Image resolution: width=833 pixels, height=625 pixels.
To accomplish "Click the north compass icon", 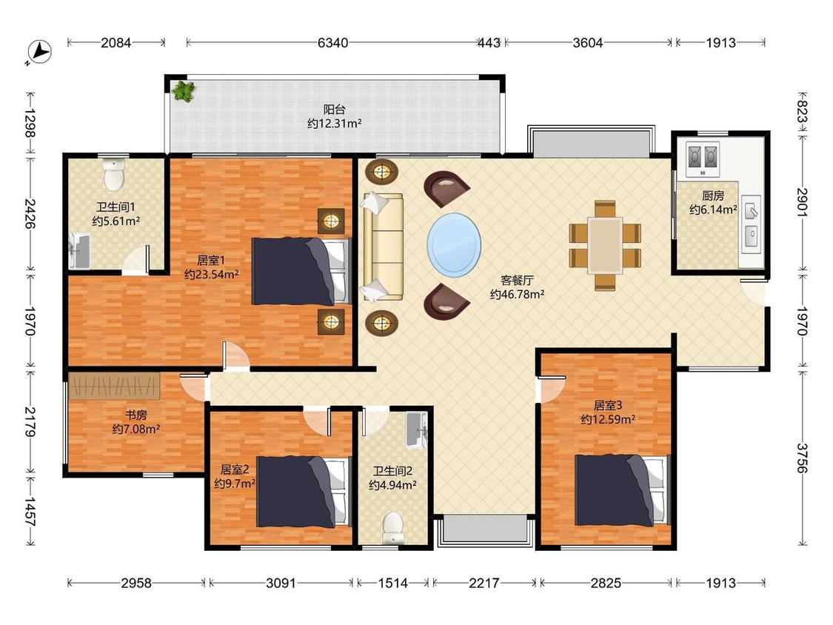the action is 39,53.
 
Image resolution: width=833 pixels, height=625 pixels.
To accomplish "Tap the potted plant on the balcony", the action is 184,90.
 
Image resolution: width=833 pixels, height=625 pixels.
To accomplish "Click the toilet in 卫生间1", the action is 114,174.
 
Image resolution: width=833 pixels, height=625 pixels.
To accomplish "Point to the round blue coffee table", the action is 454,245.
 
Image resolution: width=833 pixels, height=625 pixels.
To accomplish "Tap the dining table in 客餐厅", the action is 605,246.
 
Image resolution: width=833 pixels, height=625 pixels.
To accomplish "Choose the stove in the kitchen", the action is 703,159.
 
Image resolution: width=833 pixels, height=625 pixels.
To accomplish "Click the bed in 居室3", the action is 622,489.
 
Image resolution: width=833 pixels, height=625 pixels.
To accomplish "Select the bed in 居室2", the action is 304,492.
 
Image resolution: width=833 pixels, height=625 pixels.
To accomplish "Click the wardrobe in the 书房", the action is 114,387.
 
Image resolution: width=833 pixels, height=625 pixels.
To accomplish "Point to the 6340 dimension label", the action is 332,42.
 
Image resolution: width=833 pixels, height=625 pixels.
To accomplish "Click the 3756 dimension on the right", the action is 802,458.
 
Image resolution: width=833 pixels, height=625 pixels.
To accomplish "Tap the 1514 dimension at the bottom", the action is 392,583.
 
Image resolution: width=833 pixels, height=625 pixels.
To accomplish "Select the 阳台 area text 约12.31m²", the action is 334,124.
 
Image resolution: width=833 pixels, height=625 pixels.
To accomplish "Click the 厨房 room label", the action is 713,195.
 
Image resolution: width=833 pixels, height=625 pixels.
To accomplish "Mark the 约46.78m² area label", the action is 517,294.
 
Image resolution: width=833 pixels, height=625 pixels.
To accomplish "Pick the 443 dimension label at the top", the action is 489,42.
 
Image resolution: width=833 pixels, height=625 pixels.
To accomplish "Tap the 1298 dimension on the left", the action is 30,124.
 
